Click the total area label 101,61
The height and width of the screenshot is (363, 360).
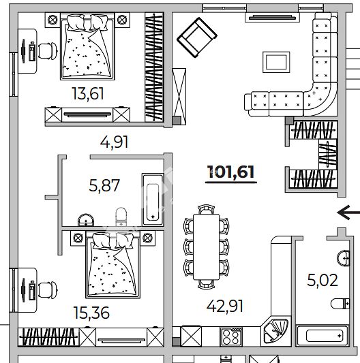231,172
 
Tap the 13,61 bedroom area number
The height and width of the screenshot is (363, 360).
88,93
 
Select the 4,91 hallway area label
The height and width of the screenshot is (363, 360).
114,142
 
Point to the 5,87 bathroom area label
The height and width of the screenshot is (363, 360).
104,185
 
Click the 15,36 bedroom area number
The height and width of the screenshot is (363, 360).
91,313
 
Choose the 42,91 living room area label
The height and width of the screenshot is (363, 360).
224,306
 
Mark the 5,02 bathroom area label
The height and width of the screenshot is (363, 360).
322,280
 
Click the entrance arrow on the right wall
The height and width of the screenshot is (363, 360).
348,212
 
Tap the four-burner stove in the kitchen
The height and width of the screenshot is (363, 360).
231,337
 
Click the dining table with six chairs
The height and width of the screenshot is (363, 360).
206,247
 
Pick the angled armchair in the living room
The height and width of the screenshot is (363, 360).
197,37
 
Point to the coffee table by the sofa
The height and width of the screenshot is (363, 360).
276,62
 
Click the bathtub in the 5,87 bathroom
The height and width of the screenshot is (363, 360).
153,200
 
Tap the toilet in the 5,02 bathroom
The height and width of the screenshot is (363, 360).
340,304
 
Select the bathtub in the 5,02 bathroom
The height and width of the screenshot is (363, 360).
322,336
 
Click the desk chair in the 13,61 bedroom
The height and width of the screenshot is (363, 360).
48,51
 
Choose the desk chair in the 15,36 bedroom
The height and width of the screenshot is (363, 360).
48,290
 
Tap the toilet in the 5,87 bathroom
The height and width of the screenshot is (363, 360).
121,217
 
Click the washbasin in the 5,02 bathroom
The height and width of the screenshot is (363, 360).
344,258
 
